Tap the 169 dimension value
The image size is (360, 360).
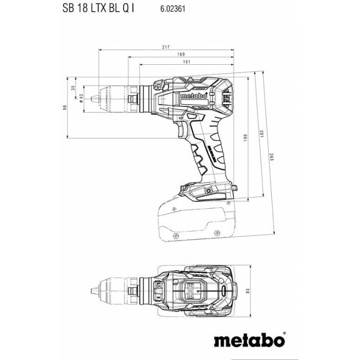click(x=181, y=55)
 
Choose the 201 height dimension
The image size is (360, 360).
click(x=262, y=134)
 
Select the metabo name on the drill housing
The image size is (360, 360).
click(x=194, y=96)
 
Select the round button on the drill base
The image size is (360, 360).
click(x=210, y=191)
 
